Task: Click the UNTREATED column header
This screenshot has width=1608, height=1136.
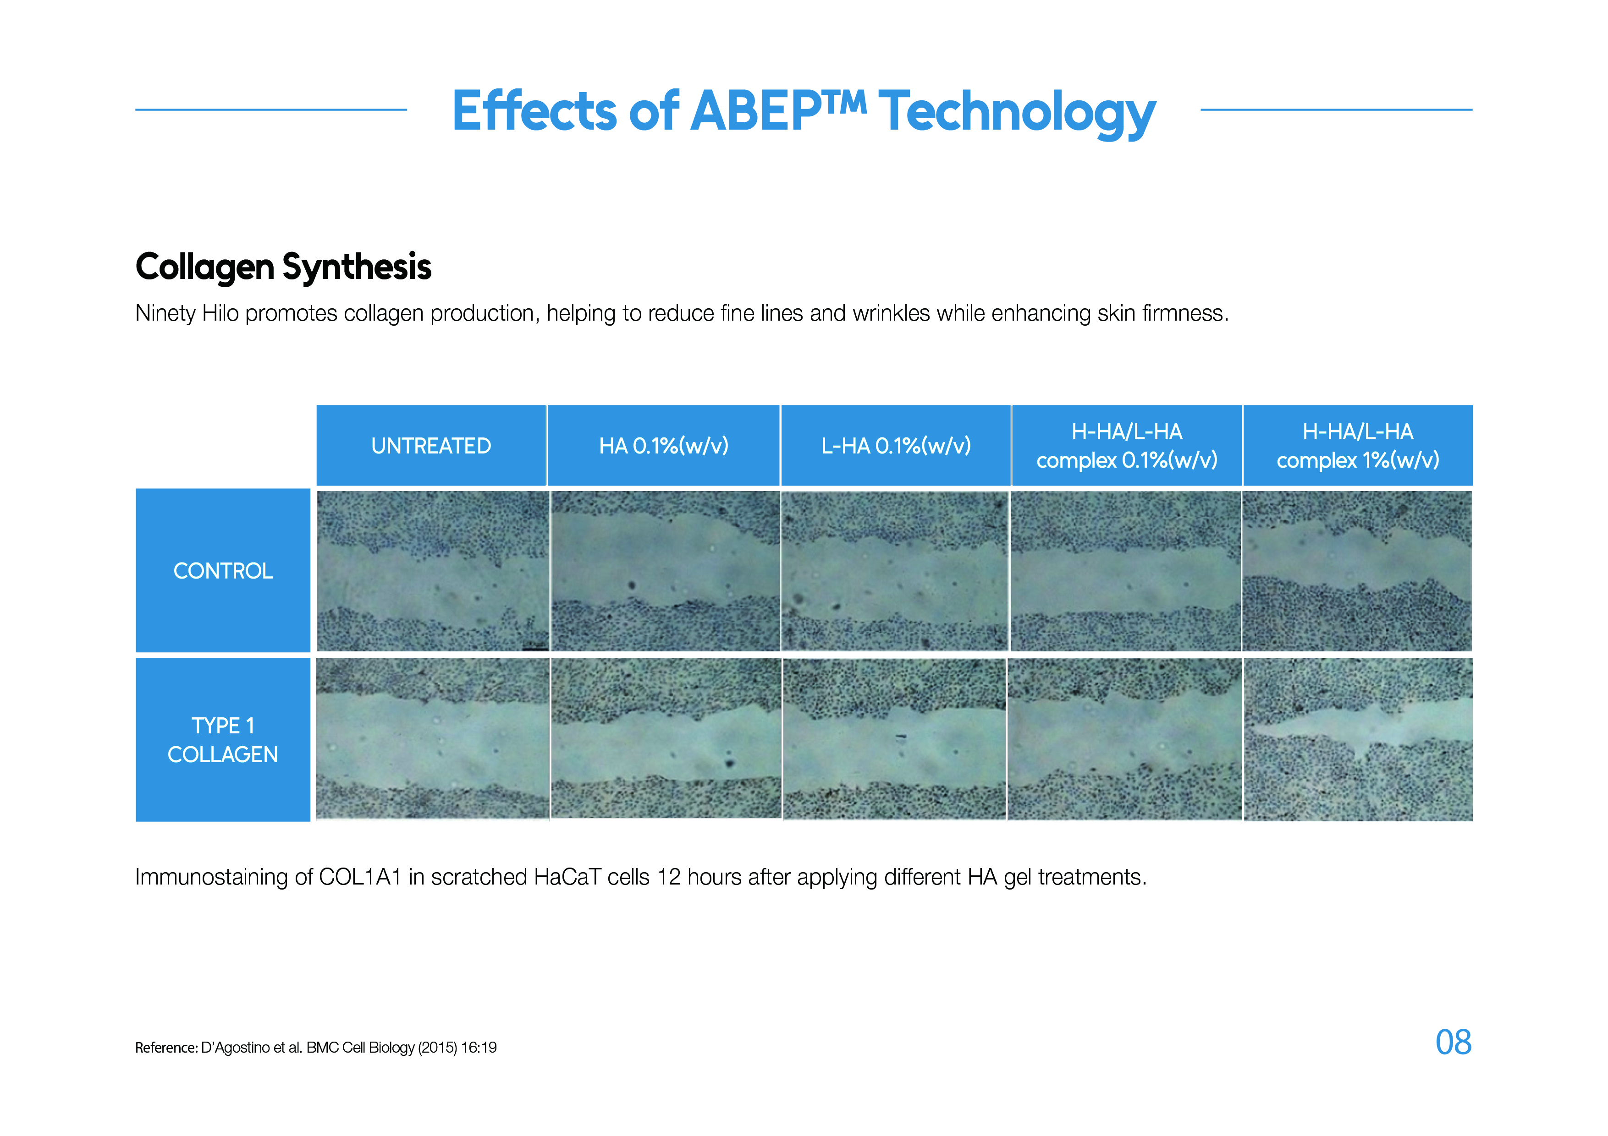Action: [x=431, y=445]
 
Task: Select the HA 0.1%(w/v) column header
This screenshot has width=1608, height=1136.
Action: [x=663, y=445]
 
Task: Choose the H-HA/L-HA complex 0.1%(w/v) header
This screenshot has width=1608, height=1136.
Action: [x=1127, y=445]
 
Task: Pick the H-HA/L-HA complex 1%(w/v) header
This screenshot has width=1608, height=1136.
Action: [x=1358, y=445]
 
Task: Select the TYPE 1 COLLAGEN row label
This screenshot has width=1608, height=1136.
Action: [x=223, y=740]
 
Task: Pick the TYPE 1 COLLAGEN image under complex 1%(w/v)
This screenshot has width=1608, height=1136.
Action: [x=1358, y=739]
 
